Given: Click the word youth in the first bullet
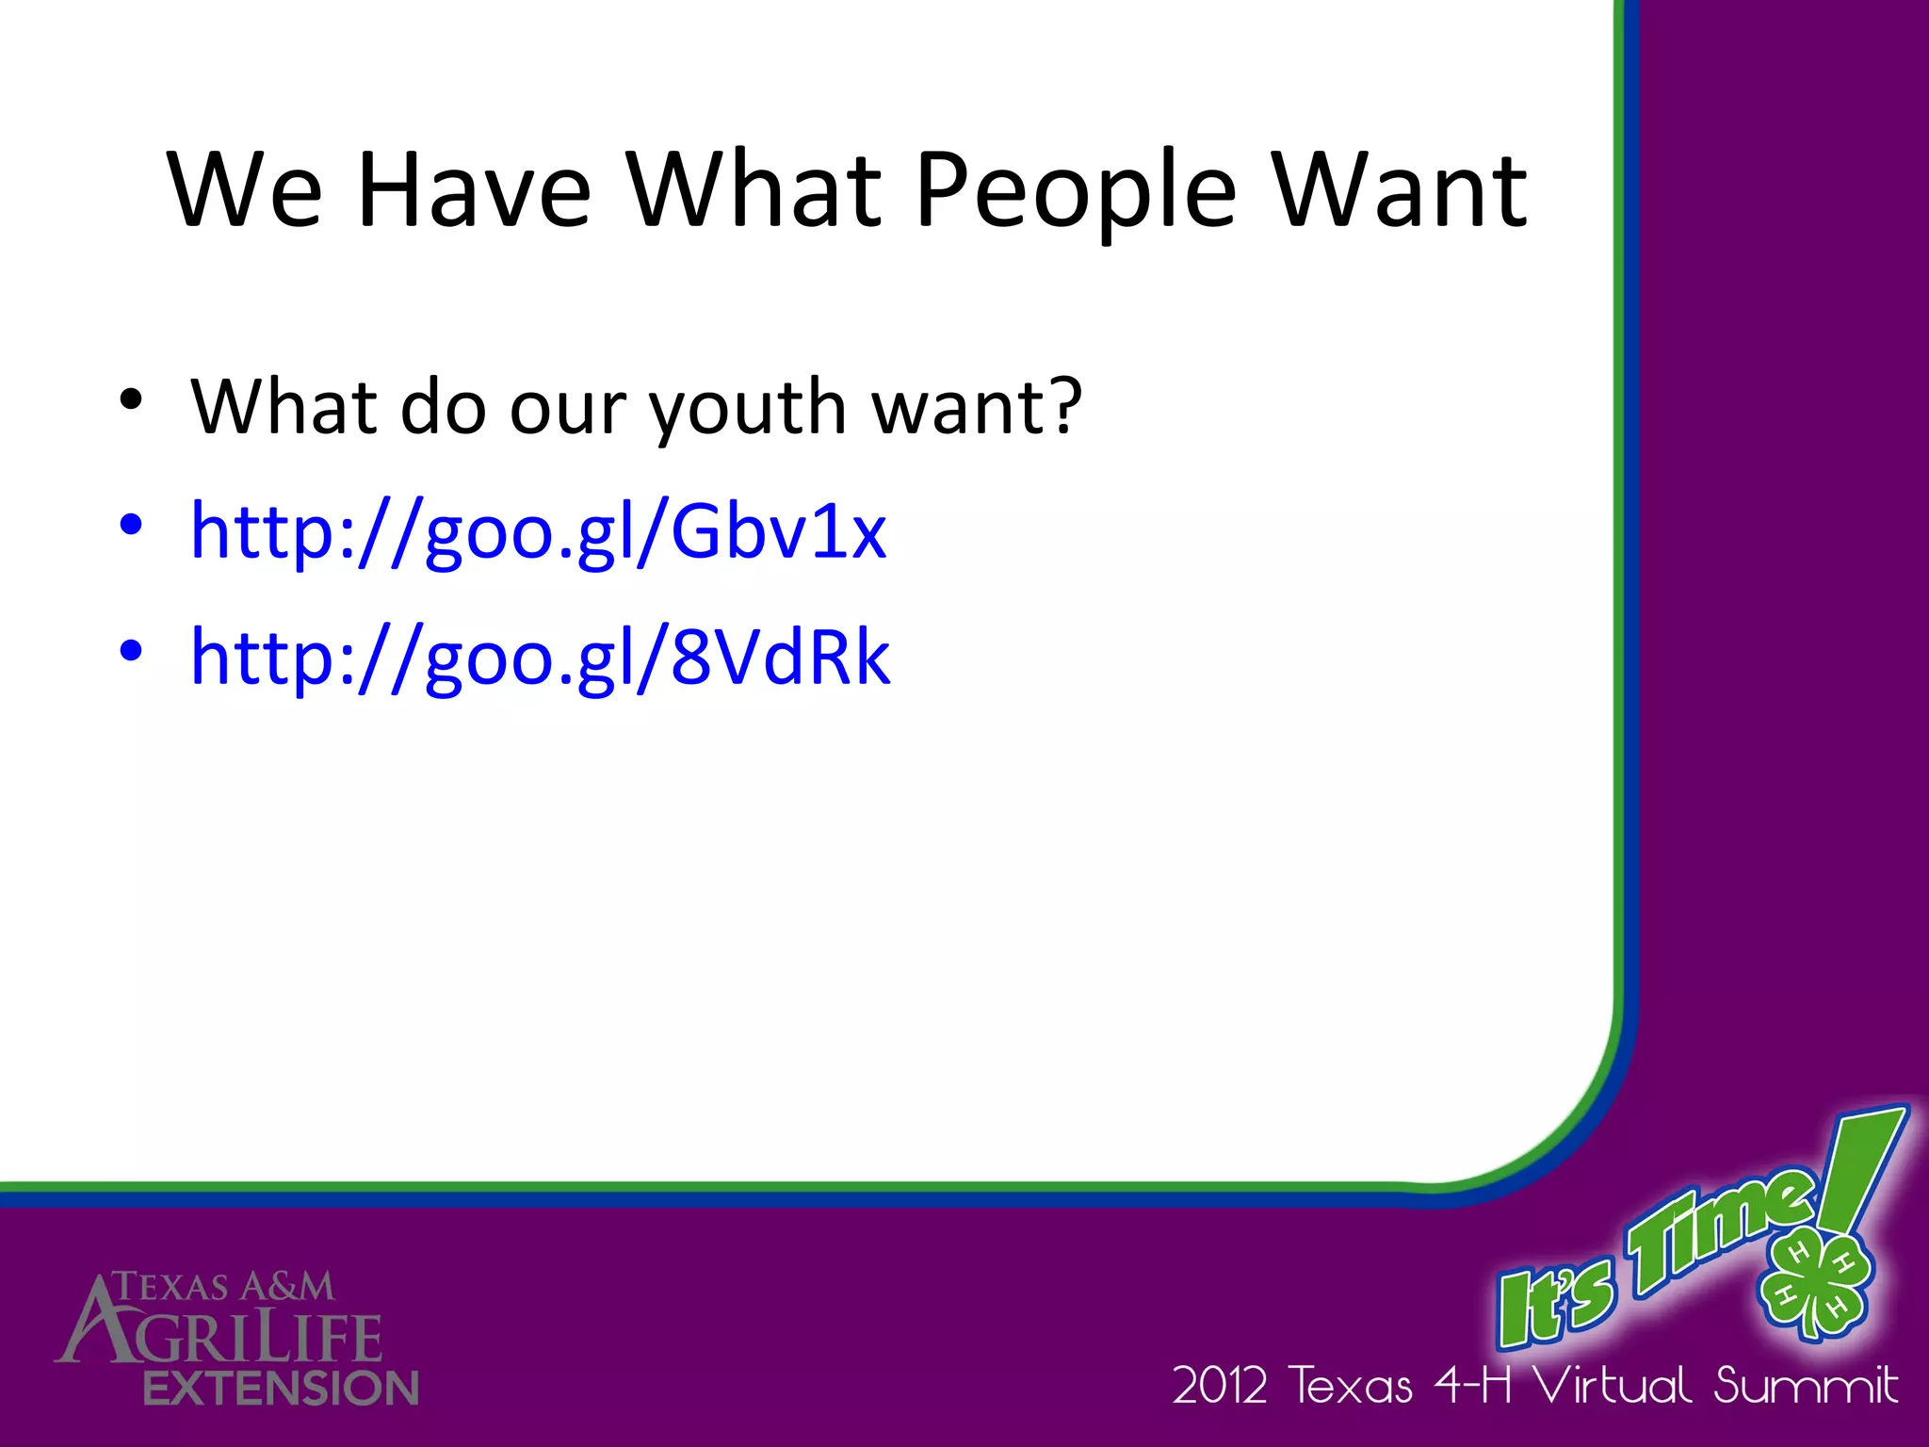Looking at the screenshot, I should pos(749,408).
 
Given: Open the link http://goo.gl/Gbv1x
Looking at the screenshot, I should pos(538,532).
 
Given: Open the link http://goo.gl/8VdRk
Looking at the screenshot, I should pos(540,658).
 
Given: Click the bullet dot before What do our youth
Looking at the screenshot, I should pos(131,399).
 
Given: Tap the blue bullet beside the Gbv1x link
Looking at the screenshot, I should pos(131,524).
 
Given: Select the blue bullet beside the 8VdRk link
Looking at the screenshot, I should pos(131,650).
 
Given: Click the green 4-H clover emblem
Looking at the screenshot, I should pos(1814,1281).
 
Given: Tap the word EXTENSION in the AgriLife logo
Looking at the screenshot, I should pos(281,1389).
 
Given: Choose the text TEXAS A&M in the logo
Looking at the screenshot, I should pos(224,1287).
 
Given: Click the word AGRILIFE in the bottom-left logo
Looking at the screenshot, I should pos(226,1337).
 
